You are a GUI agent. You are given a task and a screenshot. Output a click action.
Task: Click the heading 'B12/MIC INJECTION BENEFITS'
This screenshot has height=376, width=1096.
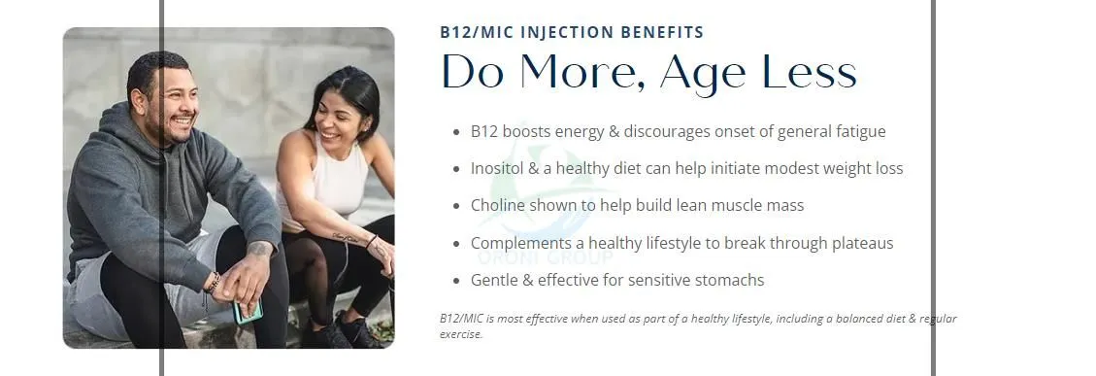click(x=572, y=32)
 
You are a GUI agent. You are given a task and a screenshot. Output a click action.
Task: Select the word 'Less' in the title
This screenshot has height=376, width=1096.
click(x=809, y=73)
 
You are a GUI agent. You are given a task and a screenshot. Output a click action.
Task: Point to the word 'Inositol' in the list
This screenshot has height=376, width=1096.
click(x=499, y=168)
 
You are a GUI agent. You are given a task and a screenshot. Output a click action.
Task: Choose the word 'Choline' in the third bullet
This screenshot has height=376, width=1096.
click(x=499, y=206)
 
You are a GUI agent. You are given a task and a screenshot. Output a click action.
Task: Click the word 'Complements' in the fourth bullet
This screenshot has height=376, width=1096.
click(x=518, y=243)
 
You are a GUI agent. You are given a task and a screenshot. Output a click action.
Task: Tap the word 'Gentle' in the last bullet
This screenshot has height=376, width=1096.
click(x=495, y=281)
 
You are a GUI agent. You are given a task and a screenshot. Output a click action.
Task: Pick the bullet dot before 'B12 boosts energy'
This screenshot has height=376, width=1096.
click(x=456, y=132)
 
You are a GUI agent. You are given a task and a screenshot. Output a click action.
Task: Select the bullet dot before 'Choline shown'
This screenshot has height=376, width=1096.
click(x=456, y=207)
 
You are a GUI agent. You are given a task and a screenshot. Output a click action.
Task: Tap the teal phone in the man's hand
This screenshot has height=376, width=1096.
click(x=249, y=311)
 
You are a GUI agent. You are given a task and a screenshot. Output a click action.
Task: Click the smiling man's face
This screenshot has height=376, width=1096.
click(x=173, y=100)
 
